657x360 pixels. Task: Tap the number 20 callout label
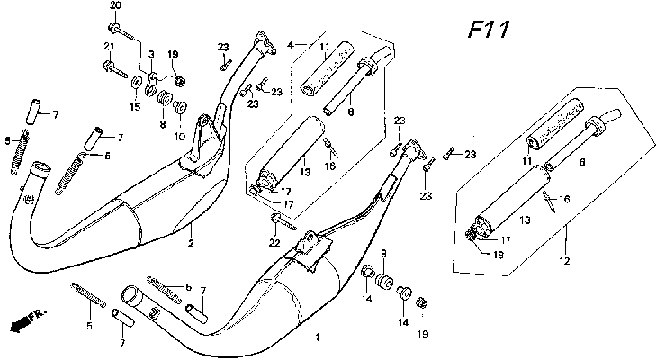coord(114,6)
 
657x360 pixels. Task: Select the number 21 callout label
coord(108,46)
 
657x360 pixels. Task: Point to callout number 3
coord(151,55)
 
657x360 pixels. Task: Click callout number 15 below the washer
coord(135,107)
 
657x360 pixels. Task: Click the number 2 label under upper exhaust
coord(190,244)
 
